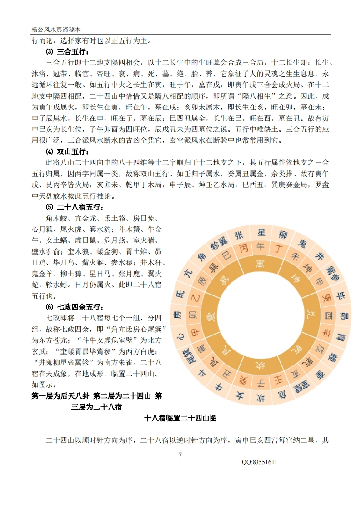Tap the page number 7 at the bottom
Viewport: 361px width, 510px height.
tap(180, 455)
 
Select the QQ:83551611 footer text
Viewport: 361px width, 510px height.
tap(260, 462)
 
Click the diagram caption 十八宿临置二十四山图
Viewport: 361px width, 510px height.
tap(180, 418)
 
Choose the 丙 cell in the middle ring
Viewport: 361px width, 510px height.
tap(243, 249)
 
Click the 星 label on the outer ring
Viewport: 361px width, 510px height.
tap(261, 232)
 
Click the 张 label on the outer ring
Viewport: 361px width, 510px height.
tap(239, 235)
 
